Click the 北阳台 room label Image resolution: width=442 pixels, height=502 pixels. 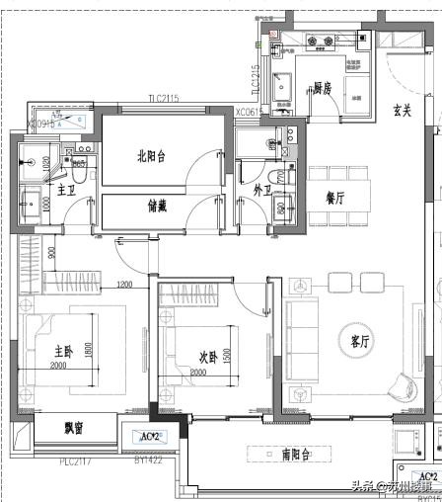[152, 153]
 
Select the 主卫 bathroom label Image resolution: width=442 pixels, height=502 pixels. [67, 189]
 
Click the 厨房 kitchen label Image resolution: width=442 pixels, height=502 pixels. [323, 88]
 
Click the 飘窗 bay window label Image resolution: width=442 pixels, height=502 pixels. [74, 428]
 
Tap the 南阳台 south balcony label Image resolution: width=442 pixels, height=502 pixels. [296, 455]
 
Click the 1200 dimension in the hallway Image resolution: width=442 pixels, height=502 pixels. [124, 287]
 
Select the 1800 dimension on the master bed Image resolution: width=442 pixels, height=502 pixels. [88, 351]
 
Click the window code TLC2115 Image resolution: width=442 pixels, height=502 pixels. [163, 98]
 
